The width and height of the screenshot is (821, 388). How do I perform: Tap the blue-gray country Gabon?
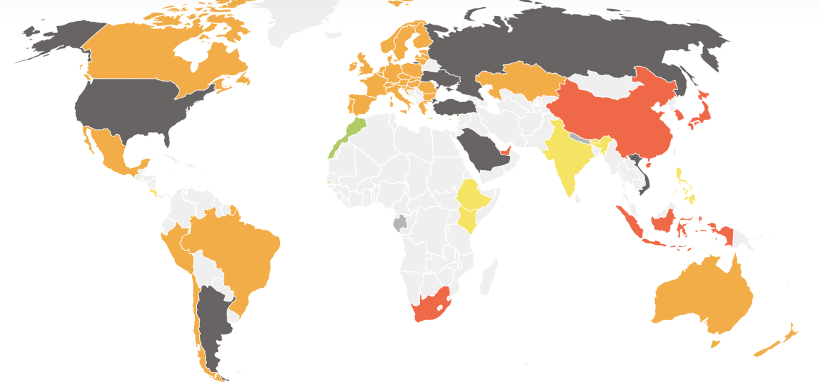point(400,224)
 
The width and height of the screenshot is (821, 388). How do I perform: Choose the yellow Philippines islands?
point(684,184)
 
